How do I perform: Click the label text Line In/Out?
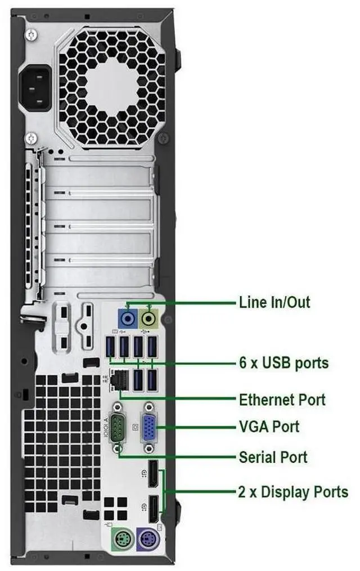point(274,302)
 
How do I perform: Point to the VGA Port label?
point(269,426)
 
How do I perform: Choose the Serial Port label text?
point(273,456)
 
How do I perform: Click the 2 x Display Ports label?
point(293,492)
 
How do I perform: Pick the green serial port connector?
point(118,428)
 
